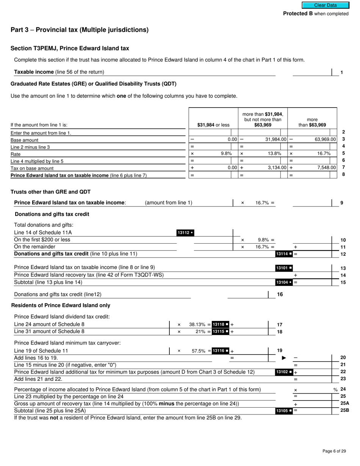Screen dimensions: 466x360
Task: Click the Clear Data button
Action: coord(325,5)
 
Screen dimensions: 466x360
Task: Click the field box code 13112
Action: coord(185,233)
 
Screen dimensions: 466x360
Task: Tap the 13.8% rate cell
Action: coord(275,153)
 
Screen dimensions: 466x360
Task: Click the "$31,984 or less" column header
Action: coord(213,125)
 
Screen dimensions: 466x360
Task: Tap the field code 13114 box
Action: coord(284,254)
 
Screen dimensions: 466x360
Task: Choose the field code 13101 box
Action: coord(284,268)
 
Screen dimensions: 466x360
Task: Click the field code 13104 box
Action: coord(284,282)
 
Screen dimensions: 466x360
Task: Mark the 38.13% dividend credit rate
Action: coord(197,324)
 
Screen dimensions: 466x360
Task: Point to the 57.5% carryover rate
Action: coord(199,351)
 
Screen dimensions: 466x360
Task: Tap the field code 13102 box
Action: coord(284,372)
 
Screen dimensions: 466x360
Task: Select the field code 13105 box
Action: coord(284,411)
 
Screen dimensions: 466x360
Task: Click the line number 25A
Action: coord(344,403)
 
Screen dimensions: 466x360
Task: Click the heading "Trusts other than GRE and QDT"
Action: coord(50,192)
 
